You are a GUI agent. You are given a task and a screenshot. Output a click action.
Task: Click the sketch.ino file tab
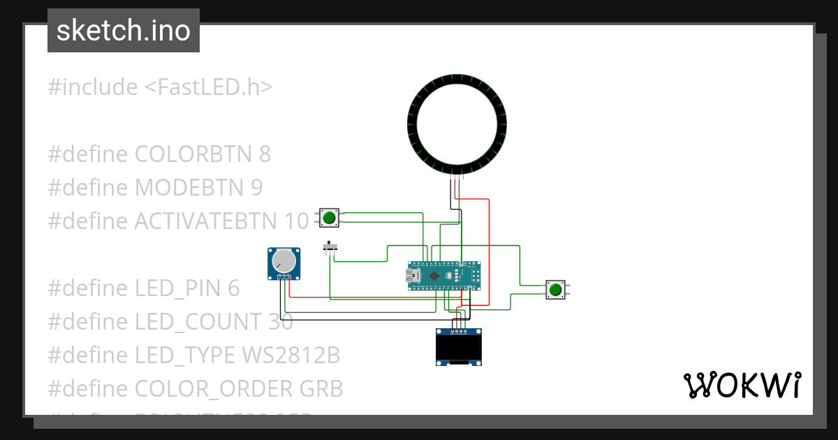[x=123, y=31]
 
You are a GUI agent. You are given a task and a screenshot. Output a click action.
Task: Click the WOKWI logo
[x=741, y=385]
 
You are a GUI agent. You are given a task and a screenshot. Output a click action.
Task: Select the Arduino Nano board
[x=445, y=276]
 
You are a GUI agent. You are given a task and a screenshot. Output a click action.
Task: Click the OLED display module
[x=458, y=347]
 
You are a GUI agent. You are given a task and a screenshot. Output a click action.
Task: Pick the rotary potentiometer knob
[x=284, y=262]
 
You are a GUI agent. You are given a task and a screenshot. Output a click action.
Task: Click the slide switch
[x=330, y=247]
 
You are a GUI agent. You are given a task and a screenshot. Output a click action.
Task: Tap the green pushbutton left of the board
[x=329, y=218]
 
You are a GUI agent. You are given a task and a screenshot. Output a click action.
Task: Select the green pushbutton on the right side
[x=556, y=290]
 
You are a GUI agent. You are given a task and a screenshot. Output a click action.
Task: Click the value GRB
[x=322, y=389]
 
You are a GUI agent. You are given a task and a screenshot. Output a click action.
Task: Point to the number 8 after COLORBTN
[x=264, y=154]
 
